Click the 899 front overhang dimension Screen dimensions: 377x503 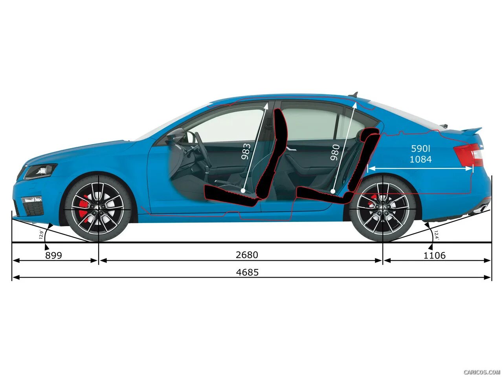point(53,256)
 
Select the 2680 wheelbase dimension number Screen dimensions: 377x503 point(247,255)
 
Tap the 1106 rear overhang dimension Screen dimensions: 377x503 point(434,256)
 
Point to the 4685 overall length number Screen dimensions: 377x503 point(247,272)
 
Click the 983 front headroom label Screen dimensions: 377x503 point(246,152)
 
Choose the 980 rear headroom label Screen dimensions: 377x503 point(335,152)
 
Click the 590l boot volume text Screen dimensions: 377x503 point(420,149)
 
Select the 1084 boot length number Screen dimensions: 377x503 point(420,159)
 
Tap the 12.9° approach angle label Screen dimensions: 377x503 point(41,235)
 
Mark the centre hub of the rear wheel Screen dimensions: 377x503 point(382,209)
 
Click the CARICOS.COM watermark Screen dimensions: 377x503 point(481,372)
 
